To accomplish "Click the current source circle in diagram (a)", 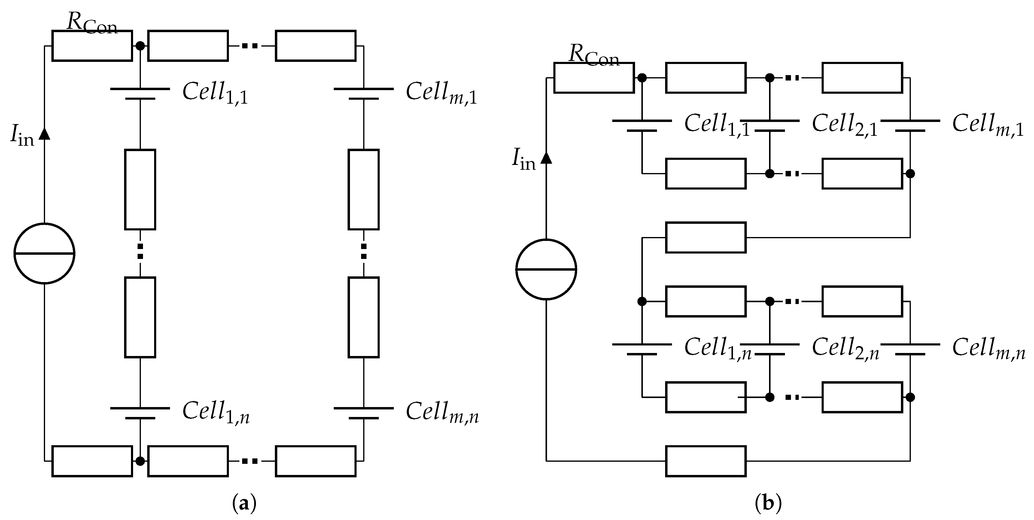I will (44, 253).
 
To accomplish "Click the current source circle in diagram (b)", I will (546, 269).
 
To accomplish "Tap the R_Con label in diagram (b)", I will (594, 55).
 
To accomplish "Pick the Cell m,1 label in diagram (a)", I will (441, 93).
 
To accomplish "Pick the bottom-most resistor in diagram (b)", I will (706, 461).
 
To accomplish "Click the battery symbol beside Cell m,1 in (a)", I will (363, 93).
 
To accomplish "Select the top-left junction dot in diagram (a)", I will (140, 46).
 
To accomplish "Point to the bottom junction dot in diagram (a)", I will (140, 461).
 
